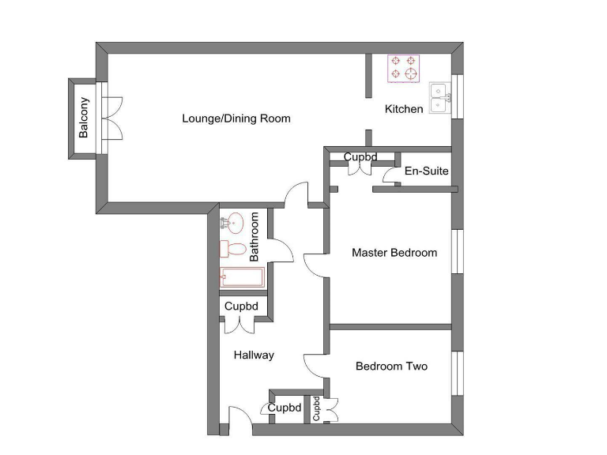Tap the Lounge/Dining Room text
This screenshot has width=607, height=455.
tap(236, 119)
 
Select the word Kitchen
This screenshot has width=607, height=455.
tap(404, 109)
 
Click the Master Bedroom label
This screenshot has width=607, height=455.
tap(394, 253)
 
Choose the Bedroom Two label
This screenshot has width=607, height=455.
tap(391, 367)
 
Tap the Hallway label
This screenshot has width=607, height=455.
tap(254, 355)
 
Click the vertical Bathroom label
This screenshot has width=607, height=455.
tap(254, 237)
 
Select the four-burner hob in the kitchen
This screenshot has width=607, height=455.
tap(403, 68)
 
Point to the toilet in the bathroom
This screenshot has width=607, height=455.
tap(233, 249)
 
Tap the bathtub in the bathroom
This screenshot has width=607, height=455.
tap(242, 276)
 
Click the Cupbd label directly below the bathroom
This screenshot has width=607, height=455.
tap(241, 306)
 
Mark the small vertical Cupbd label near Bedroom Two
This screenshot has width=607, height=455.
tap(317, 408)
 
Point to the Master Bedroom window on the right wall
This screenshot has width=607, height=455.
tap(456, 252)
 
